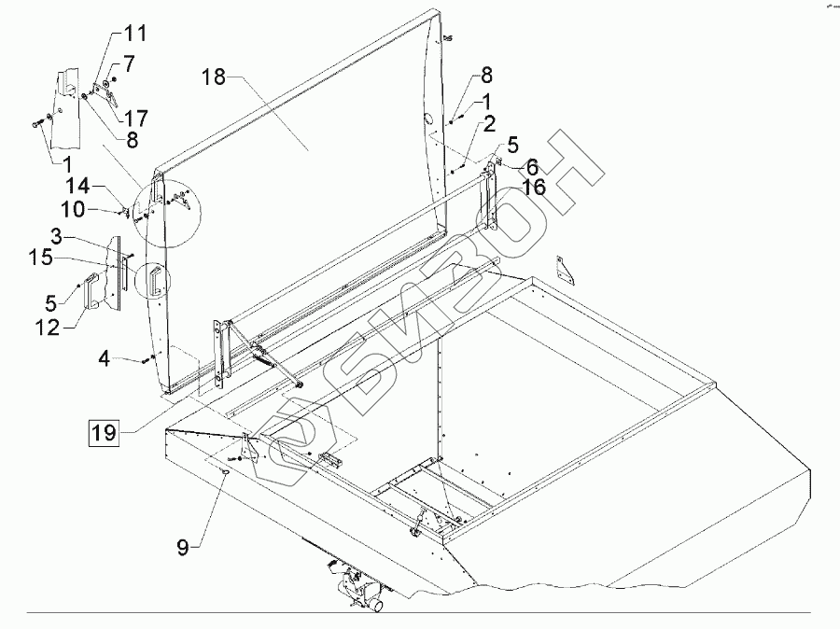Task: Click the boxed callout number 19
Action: (104, 432)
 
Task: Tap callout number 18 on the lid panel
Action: (214, 77)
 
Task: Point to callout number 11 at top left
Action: (135, 35)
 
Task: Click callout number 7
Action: (129, 65)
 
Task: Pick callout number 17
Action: (136, 119)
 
